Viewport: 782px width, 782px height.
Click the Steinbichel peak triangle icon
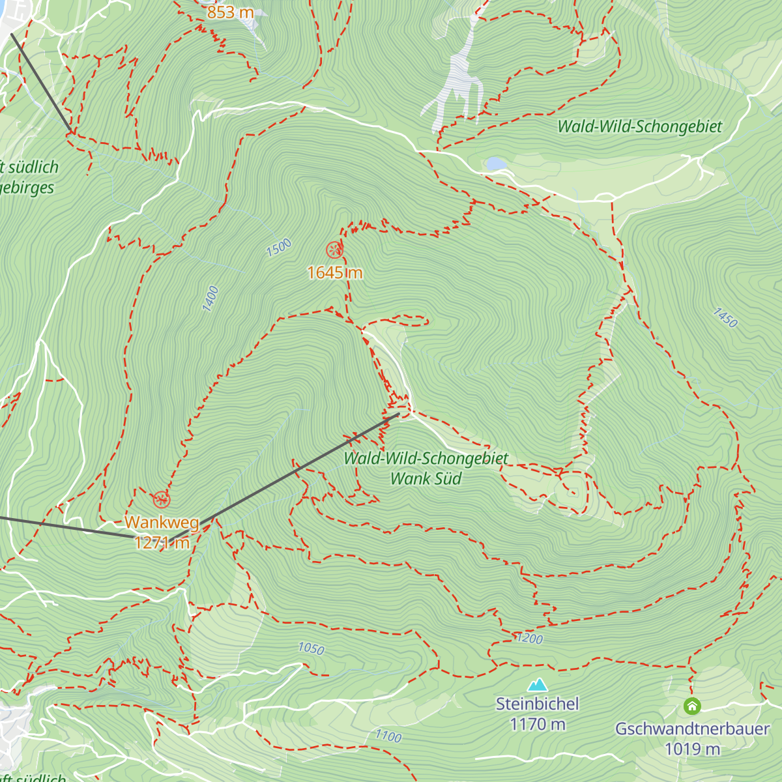pyautogui.click(x=537, y=684)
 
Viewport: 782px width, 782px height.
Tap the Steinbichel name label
pyautogui.click(x=537, y=704)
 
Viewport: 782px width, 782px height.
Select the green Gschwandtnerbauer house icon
pyautogui.click(x=691, y=706)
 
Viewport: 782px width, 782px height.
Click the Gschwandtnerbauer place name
pyautogui.click(x=692, y=729)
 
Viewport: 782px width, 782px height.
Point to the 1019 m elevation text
pyautogui.click(x=692, y=749)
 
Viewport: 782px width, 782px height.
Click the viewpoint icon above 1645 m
pyautogui.click(x=334, y=250)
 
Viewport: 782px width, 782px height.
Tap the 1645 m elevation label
pyautogui.click(x=334, y=272)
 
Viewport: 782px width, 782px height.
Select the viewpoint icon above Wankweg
pyautogui.click(x=161, y=500)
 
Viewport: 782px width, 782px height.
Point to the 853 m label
pyautogui.click(x=229, y=12)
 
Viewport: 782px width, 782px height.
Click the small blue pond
pyautogui.click(x=495, y=163)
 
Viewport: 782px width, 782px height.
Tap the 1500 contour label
pyautogui.click(x=279, y=248)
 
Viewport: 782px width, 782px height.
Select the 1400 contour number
pyautogui.click(x=210, y=298)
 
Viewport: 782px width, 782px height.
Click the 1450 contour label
pyautogui.click(x=725, y=317)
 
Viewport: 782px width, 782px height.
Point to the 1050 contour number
pyautogui.click(x=311, y=648)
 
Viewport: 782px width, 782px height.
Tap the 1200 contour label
pyautogui.click(x=529, y=639)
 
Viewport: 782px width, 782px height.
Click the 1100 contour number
pyautogui.click(x=388, y=736)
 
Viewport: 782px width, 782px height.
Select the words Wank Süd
pyautogui.click(x=426, y=478)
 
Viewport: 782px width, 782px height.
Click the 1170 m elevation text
pyautogui.click(x=537, y=724)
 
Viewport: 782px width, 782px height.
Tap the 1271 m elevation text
pyautogui.click(x=162, y=542)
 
